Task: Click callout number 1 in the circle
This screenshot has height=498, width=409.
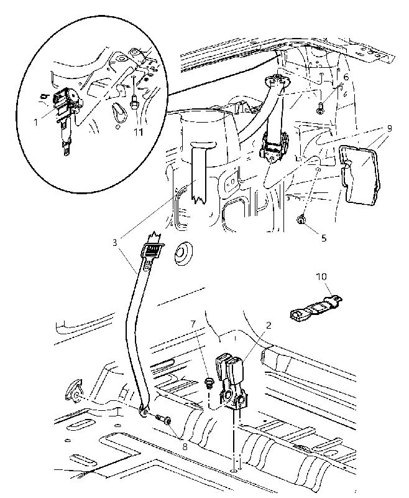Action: (x=36, y=122)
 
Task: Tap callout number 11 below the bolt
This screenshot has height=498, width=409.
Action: (x=138, y=131)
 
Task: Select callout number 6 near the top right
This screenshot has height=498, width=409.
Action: (x=346, y=77)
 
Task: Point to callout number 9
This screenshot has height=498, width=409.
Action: (x=389, y=128)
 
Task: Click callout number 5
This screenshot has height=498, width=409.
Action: (x=323, y=238)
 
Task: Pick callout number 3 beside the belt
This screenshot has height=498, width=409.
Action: (x=115, y=243)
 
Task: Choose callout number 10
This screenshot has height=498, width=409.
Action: (x=321, y=276)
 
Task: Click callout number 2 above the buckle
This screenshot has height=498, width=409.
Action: (x=269, y=325)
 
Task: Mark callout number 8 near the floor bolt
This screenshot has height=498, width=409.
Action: (x=185, y=446)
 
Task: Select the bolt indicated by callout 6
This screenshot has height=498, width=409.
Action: (x=319, y=108)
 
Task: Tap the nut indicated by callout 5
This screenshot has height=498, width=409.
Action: (x=301, y=220)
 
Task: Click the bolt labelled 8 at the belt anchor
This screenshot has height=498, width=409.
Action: (x=163, y=420)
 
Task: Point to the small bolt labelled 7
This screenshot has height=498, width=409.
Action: (x=209, y=382)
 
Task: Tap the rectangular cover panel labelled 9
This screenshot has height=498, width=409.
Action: (x=359, y=174)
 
